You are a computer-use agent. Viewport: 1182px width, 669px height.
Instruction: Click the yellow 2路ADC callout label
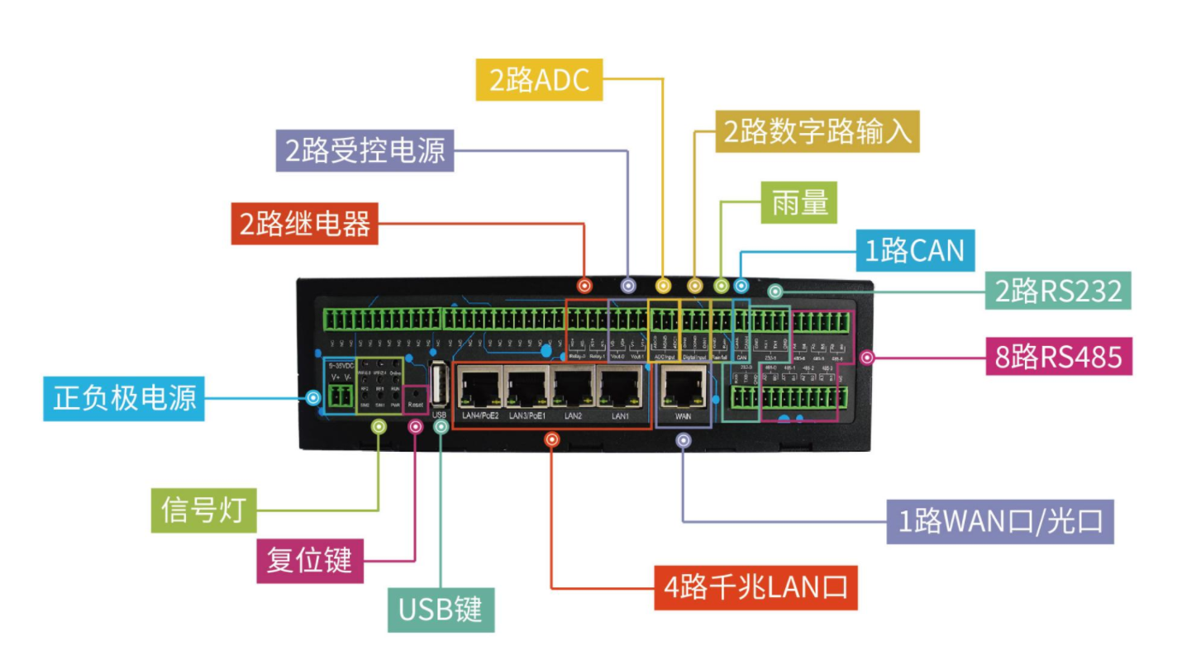(x=539, y=79)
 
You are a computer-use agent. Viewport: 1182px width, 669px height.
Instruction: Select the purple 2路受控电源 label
(x=365, y=150)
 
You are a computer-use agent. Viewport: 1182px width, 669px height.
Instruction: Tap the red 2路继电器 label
(x=304, y=223)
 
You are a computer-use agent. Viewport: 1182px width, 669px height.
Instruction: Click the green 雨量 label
(x=798, y=202)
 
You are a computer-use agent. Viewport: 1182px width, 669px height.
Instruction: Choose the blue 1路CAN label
(x=914, y=249)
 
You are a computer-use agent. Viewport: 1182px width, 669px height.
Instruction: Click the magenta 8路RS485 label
(x=1058, y=357)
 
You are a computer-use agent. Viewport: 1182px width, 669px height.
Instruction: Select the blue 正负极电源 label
(x=124, y=398)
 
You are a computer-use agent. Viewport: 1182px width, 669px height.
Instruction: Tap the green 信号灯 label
(x=203, y=510)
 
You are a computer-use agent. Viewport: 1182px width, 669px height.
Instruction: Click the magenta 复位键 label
(x=310, y=561)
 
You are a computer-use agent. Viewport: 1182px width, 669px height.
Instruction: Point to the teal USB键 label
(x=441, y=610)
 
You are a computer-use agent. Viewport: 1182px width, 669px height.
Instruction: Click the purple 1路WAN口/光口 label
(x=1000, y=521)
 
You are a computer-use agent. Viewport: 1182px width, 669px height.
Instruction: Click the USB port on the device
(x=439, y=384)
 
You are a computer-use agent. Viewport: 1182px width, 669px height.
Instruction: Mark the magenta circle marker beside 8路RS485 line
(x=866, y=358)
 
